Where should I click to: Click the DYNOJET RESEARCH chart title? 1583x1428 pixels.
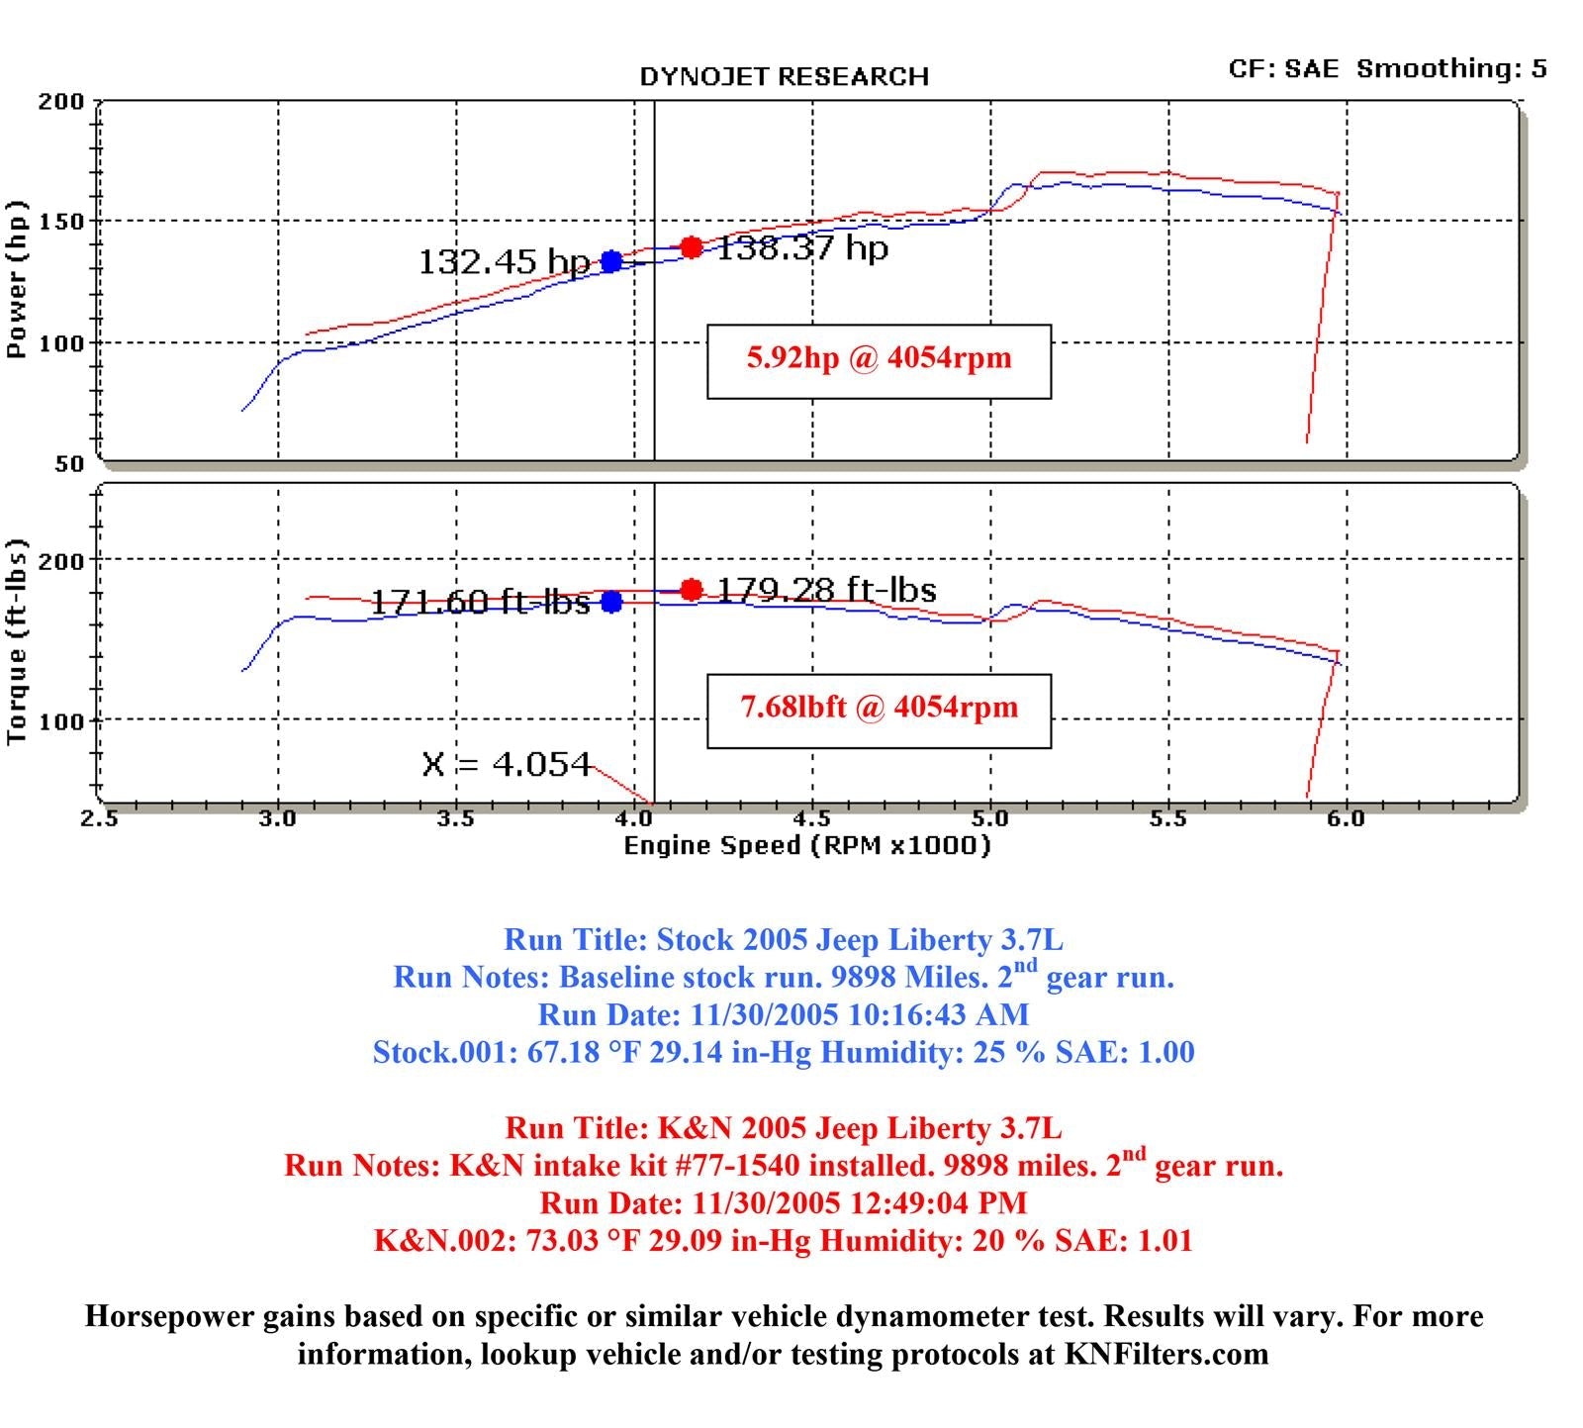pyautogui.click(x=784, y=76)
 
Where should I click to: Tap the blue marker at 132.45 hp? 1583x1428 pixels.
pyautogui.click(x=611, y=261)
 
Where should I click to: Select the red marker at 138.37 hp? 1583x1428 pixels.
pyautogui.click(x=692, y=246)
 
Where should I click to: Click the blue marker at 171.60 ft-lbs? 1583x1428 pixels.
pyautogui.click(x=611, y=602)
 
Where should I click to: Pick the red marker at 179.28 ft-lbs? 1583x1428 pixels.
pyautogui.click(x=692, y=590)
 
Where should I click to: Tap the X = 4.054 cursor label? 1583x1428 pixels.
pyautogui.click(x=506, y=764)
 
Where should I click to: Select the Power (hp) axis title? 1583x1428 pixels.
pyautogui.click(x=17, y=279)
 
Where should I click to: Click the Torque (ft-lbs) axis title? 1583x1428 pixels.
pyautogui.click(x=17, y=641)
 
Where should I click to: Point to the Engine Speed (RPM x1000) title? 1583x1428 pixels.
pyautogui.click(x=806, y=845)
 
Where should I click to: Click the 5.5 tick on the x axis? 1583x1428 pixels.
pyautogui.click(x=1167, y=818)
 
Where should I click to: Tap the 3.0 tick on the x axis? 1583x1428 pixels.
pyautogui.click(x=278, y=818)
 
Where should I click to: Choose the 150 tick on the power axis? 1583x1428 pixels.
pyautogui.click(x=61, y=221)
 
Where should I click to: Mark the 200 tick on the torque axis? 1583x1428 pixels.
pyautogui.click(x=61, y=560)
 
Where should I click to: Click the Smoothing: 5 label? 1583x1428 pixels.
pyautogui.click(x=1451, y=68)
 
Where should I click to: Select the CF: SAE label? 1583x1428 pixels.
pyautogui.click(x=1283, y=68)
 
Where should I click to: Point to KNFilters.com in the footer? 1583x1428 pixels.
pyautogui.click(x=1166, y=1353)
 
